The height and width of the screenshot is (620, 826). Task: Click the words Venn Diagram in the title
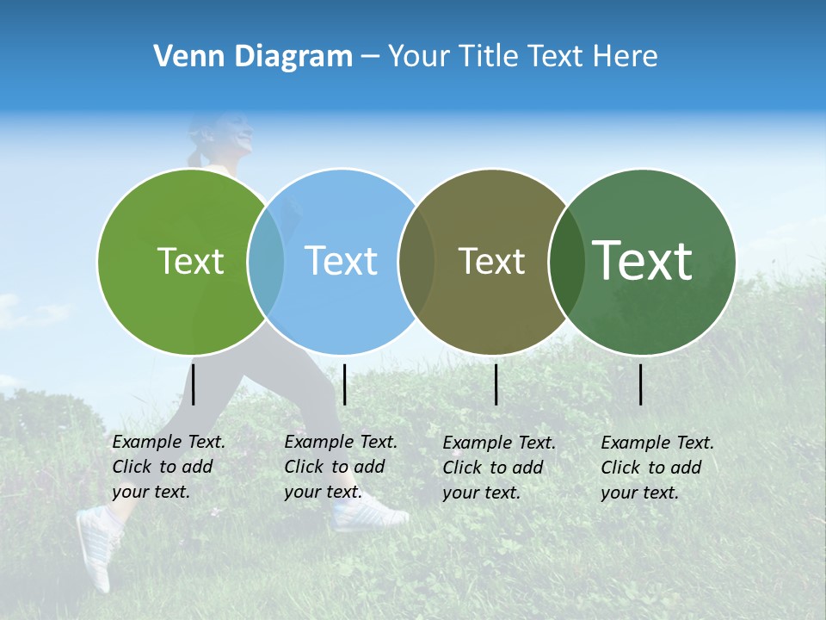coord(253,57)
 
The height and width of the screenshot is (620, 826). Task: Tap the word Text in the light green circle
coord(190,261)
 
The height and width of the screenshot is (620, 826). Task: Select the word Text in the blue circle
coord(341,261)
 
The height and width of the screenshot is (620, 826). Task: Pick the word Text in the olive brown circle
coord(491,261)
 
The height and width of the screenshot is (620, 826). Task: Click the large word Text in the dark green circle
coord(643,260)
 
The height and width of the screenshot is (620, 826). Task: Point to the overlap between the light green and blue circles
coord(266,261)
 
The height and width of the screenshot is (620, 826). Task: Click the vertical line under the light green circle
coord(194,384)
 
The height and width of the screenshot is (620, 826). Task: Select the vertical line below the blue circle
coord(344,384)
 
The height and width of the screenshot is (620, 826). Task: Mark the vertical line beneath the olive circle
coord(496,384)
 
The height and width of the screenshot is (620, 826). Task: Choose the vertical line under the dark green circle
coord(641,384)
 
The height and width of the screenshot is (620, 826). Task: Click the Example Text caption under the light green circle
coord(168,467)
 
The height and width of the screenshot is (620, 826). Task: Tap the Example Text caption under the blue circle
coord(340,467)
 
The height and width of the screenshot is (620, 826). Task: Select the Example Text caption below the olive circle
coord(498,468)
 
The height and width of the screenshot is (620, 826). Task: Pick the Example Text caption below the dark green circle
coord(656,468)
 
